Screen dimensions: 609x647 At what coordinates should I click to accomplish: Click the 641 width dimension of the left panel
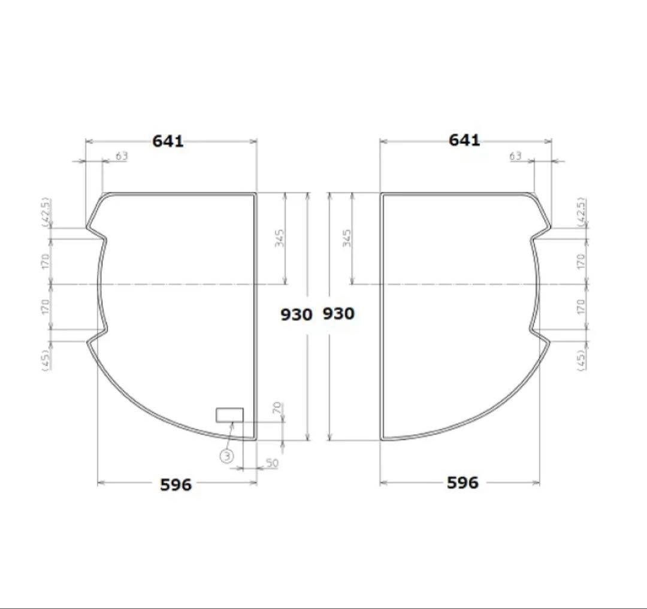(168, 141)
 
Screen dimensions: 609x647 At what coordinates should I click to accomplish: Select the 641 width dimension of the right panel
(464, 140)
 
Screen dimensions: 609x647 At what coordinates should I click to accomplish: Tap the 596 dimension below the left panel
(176, 484)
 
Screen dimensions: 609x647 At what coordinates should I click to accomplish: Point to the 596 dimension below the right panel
(462, 483)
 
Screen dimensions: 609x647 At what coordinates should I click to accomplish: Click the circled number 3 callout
(227, 456)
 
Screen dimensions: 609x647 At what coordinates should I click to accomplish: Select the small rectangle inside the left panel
(229, 414)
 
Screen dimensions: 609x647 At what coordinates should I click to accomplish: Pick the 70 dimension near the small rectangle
(277, 409)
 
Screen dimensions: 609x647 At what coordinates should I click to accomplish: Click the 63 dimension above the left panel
(122, 156)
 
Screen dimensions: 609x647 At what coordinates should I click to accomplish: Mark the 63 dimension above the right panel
(516, 156)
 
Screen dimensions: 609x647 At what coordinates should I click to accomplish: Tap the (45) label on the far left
(47, 358)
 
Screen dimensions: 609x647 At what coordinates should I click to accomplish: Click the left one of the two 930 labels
(297, 314)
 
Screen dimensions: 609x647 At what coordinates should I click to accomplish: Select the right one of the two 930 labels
(338, 313)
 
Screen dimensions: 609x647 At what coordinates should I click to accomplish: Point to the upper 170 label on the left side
(47, 260)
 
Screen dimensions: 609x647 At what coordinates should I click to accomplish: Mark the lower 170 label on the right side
(579, 307)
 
